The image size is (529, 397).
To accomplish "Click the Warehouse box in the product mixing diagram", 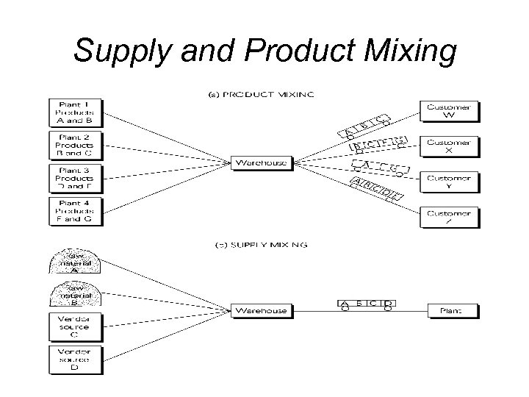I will point(262,162).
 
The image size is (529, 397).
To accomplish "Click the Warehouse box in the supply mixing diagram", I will point(262,311).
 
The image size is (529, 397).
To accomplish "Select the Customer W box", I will point(449,111).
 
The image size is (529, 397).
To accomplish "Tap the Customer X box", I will point(449,145).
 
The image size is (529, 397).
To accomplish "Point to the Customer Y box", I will point(449,181).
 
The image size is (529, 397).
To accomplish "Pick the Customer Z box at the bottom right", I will point(449,217).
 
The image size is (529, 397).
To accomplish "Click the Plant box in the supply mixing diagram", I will point(452,311).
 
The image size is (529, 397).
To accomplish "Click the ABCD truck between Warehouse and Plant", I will point(367,304).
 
